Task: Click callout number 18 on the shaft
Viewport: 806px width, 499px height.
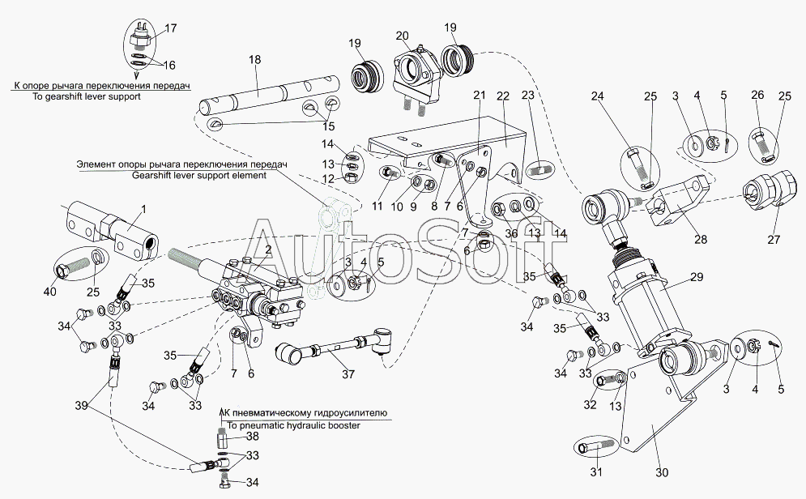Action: pyautogui.click(x=255, y=60)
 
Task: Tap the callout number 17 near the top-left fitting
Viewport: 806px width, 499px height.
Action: pyautogui.click(x=171, y=29)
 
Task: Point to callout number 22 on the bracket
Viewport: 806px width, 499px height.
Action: pyautogui.click(x=503, y=96)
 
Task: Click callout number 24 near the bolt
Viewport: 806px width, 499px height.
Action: pyautogui.click(x=598, y=96)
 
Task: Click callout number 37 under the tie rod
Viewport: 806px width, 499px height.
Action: pyautogui.click(x=348, y=374)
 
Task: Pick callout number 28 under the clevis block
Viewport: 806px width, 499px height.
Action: pyautogui.click(x=700, y=239)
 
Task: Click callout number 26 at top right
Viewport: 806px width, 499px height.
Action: pyautogui.click(x=757, y=96)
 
